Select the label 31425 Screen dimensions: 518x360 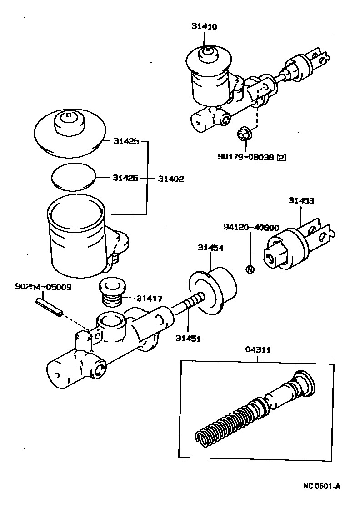126,142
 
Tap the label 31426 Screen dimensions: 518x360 126,178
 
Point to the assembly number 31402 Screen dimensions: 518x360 171,179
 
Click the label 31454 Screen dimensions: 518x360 210,248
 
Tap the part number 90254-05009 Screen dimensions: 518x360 43,287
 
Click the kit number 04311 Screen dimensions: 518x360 258,350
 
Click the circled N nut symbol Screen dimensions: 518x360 249,269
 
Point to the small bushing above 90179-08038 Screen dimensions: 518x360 245,134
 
